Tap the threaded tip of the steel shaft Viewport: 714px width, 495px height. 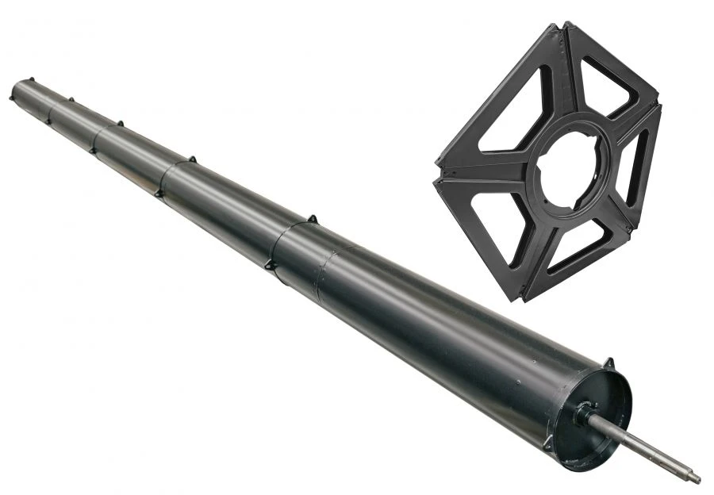click(694, 478)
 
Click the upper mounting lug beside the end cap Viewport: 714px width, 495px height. click(608, 363)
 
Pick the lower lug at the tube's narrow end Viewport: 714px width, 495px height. click(12, 98)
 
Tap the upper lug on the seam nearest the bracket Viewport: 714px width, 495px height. click(313, 218)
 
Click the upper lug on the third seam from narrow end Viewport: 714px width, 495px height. click(120, 123)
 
